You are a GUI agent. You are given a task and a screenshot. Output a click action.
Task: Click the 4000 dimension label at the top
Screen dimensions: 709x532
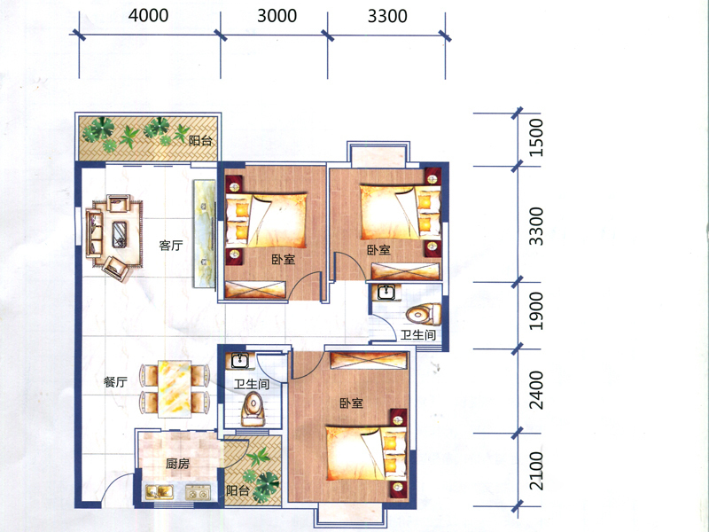tap(148, 15)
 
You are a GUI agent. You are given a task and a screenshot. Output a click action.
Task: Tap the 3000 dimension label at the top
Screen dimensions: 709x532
tap(277, 16)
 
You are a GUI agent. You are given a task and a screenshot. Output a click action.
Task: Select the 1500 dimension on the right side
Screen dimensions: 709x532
tap(536, 137)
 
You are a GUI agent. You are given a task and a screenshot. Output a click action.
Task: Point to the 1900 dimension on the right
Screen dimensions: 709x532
tap(536, 311)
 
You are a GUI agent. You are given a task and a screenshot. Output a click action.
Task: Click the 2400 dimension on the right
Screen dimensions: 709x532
tap(536, 390)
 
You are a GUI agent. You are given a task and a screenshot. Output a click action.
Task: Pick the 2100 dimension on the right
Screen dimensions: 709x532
tap(536, 471)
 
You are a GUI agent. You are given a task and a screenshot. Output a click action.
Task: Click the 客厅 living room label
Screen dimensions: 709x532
tap(171, 246)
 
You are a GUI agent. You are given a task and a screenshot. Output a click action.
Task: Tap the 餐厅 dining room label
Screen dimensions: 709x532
tap(115, 382)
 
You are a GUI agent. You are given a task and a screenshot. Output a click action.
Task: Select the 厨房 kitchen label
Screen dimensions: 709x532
tap(177, 464)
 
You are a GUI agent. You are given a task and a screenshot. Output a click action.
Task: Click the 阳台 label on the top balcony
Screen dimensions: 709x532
tap(200, 141)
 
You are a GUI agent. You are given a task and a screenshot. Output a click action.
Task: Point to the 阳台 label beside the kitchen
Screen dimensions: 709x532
tap(238, 490)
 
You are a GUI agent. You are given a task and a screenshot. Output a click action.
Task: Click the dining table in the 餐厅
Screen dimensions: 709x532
tap(175, 389)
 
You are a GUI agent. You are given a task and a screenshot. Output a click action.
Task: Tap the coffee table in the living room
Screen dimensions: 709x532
tap(120, 234)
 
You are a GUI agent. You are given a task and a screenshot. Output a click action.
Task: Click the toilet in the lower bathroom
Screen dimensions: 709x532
tap(253, 409)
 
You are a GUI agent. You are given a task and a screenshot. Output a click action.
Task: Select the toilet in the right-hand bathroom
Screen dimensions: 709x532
tap(424, 315)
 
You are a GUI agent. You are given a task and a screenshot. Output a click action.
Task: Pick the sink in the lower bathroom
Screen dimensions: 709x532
tap(239, 361)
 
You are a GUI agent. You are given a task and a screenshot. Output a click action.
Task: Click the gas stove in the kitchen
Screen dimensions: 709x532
tap(198, 492)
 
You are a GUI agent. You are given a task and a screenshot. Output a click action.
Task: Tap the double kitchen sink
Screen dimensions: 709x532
tap(160, 492)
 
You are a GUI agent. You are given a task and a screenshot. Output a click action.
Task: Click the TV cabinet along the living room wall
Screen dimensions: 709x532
tap(205, 233)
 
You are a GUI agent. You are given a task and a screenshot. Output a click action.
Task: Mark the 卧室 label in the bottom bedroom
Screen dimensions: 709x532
tap(351, 403)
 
